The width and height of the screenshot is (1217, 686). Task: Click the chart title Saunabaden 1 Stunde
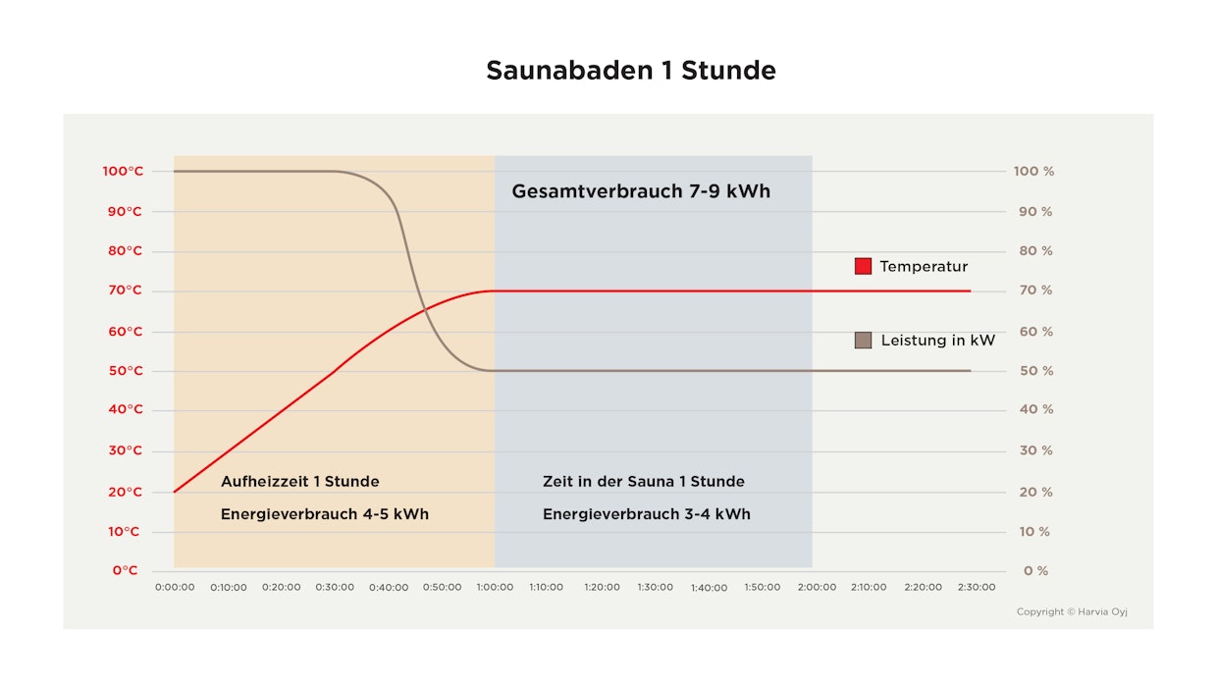(x=631, y=71)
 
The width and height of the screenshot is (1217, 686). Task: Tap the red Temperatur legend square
(x=863, y=266)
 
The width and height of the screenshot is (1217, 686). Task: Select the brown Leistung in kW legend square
(x=863, y=341)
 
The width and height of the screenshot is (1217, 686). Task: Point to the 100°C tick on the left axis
(x=123, y=172)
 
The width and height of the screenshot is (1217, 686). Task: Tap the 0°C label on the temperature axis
(x=126, y=570)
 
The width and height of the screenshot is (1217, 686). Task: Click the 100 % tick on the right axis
(x=1034, y=172)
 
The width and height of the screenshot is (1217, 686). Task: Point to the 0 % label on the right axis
(x=1036, y=570)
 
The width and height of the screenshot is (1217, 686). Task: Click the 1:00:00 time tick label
(x=495, y=587)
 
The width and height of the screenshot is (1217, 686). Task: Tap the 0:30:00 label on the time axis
(x=335, y=587)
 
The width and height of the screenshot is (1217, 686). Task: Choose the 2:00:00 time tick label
(x=817, y=587)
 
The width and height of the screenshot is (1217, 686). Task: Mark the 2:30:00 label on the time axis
(x=976, y=587)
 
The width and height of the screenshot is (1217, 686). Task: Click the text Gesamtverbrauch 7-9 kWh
(x=641, y=191)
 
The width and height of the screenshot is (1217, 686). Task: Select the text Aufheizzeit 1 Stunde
(x=299, y=482)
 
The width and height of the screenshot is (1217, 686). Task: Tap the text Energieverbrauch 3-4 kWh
(x=646, y=514)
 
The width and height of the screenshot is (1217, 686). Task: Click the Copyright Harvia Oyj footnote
(x=1072, y=612)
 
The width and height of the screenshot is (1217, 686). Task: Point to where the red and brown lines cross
(x=426, y=311)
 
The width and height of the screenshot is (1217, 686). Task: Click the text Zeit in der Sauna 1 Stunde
(x=643, y=482)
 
